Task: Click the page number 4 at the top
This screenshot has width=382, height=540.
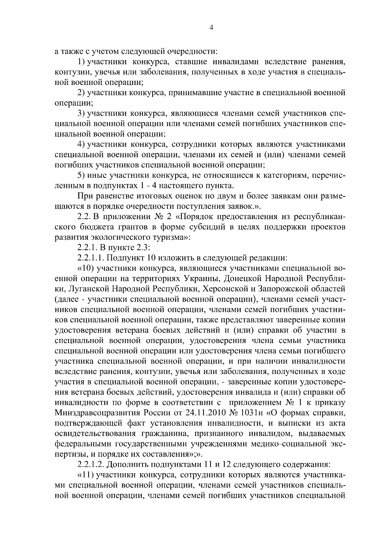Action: tap(211, 27)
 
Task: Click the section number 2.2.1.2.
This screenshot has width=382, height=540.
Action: tap(91, 465)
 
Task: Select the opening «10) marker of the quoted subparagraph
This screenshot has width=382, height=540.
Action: tap(85, 268)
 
